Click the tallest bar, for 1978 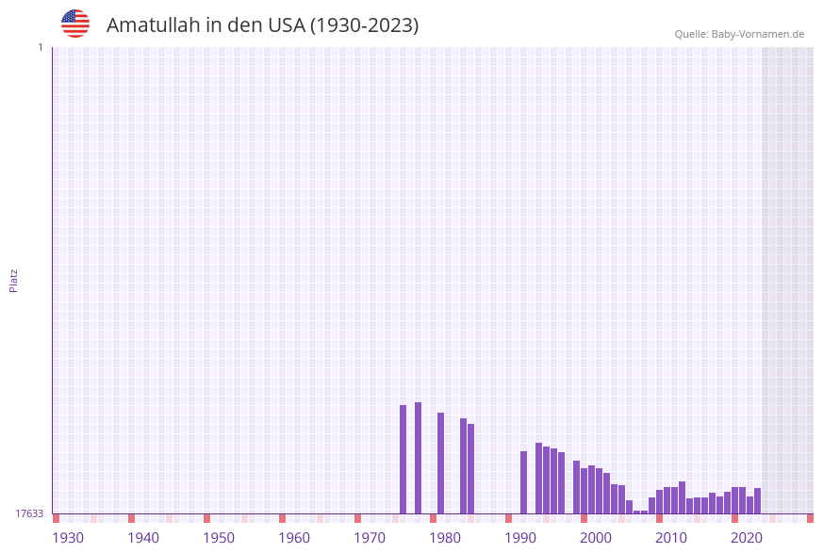pyautogui.click(x=418, y=458)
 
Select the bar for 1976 pyautogui.click(x=403, y=460)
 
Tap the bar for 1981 pyautogui.click(x=440, y=463)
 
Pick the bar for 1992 pyautogui.click(x=523, y=482)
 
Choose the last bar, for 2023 pyautogui.click(x=757, y=500)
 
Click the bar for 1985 pyautogui.click(x=470, y=468)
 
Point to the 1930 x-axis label pyautogui.click(x=68, y=538)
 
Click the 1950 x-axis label pyautogui.click(x=219, y=538)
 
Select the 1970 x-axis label pyautogui.click(x=370, y=538)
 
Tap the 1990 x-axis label pyautogui.click(x=520, y=538)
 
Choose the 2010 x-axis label pyautogui.click(x=671, y=538)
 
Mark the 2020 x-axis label pyautogui.click(x=747, y=538)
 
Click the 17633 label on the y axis pyautogui.click(x=29, y=513)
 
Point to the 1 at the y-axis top pyautogui.click(x=41, y=47)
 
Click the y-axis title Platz pyautogui.click(x=14, y=280)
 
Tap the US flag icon pyautogui.click(x=75, y=24)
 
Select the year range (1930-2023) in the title pyautogui.click(x=364, y=25)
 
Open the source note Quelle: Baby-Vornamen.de pyautogui.click(x=739, y=34)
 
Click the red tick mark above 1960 pyautogui.click(x=282, y=518)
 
